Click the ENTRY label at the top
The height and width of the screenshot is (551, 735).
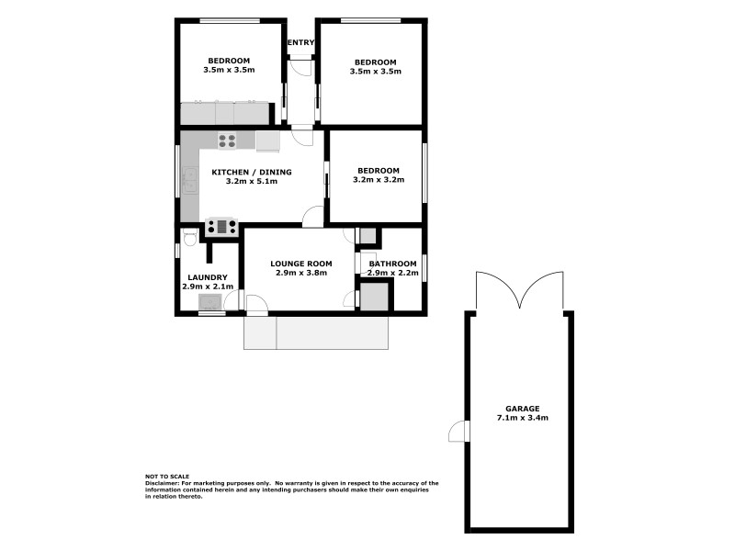click(301, 43)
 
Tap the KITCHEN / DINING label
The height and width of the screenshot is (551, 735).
click(252, 172)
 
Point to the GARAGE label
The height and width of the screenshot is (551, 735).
click(522, 409)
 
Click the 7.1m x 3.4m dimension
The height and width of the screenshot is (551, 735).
click(522, 418)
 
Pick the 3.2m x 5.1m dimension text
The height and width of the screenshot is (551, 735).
click(252, 182)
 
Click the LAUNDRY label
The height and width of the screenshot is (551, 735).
click(208, 277)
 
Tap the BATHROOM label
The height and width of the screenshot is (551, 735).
click(393, 264)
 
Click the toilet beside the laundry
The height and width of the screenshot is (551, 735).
click(188, 238)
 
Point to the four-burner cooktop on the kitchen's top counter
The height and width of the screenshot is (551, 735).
click(227, 141)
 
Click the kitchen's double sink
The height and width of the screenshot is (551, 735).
click(190, 178)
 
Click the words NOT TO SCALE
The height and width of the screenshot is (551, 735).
click(167, 476)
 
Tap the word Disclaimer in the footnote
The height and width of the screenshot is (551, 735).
click(164, 482)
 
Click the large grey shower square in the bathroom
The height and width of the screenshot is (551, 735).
click(373, 297)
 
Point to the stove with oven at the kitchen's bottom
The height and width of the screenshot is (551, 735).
click(221, 226)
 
